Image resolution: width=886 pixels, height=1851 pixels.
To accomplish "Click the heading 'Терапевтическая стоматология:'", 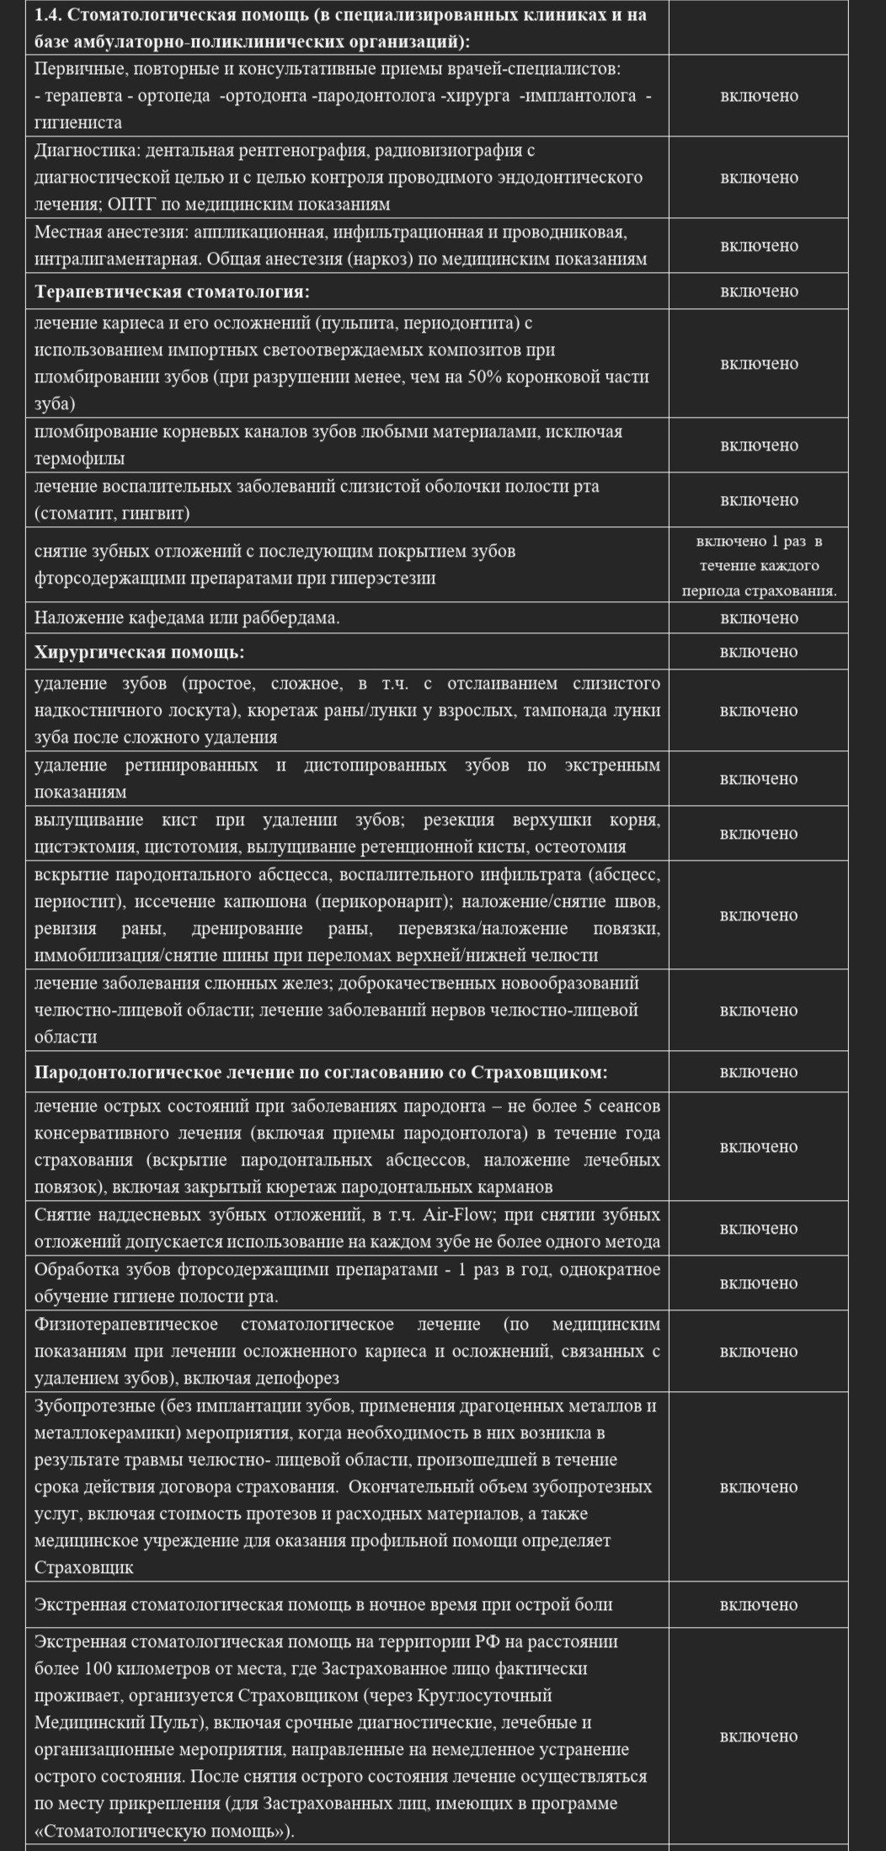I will [172, 292].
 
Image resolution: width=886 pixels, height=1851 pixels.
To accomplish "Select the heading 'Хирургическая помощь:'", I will [139, 652].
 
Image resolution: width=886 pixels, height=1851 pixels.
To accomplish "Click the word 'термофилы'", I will [79, 459].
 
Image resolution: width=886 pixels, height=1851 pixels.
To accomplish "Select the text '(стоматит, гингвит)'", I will [112, 513].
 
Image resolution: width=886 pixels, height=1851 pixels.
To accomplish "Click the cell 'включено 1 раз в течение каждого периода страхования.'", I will [758, 565].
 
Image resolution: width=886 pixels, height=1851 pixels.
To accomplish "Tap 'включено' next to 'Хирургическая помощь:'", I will [758, 652].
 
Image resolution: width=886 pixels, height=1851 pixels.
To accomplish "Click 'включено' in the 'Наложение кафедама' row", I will [758, 618].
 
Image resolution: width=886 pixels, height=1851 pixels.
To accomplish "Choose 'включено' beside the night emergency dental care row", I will [758, 1604].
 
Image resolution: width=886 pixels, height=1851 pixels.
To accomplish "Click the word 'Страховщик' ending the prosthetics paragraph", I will [84, 1568].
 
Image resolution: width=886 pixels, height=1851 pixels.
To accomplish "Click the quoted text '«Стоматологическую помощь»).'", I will [164, 1833].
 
